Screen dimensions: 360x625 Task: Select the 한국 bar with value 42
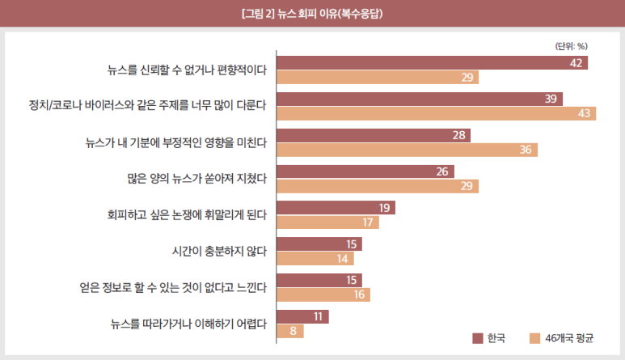click(432, 63)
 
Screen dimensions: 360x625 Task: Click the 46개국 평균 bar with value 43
click(436, 113)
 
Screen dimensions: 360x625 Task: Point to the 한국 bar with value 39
click(420, 99)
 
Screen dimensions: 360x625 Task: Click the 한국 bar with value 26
click(365, 172)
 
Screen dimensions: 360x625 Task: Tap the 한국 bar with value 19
click(336, 208)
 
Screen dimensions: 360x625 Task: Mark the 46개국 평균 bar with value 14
click(315, 259)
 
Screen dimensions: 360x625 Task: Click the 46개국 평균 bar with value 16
click(323, 295)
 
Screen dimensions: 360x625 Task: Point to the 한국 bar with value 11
click(302, 316)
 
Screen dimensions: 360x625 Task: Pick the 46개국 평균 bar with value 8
click(290, 331)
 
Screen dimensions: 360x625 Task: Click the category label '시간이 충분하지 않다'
click(218, 251)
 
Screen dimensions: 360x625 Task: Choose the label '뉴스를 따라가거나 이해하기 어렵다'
click(188, 324)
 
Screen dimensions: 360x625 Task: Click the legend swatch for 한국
click(477, 337)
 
